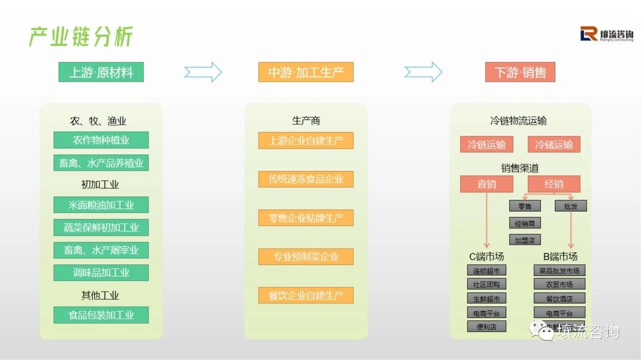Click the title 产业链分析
[81, 37]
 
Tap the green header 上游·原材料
[101, 72]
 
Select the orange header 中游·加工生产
[305, 72]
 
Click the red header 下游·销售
[520, 72]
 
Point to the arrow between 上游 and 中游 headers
[203, 72]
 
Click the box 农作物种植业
[101, 140]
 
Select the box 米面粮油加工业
[101, 205]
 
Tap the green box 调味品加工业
[101, 273]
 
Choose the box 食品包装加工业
[101, 315]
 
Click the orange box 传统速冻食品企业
[305, 179]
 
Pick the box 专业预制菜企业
[305, 257]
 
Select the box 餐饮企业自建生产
[305, 295]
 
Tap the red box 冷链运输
[486, 145]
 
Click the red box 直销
[486, 184]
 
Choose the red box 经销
[553, 184]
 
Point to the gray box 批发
[570, 206]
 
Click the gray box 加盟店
[525, 240]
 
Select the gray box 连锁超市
[486, 271]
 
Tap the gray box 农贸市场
[559, 284]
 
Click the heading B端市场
[560, 257]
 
